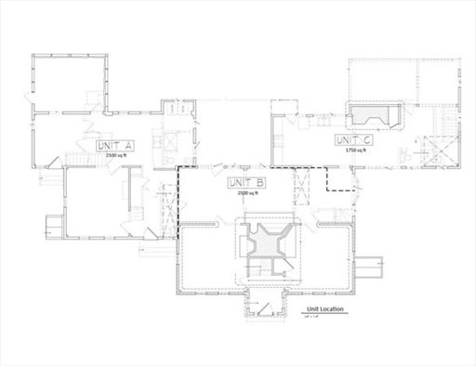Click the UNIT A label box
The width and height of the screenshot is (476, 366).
coord(116,147)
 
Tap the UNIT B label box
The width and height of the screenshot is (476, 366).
coord(246,183)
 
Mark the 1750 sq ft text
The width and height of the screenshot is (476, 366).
coord(353,150)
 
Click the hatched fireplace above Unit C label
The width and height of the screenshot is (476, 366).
coord(377,116)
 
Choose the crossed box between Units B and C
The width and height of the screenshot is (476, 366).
coord(300,186)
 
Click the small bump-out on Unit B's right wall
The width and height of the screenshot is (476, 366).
coord(372,267)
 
